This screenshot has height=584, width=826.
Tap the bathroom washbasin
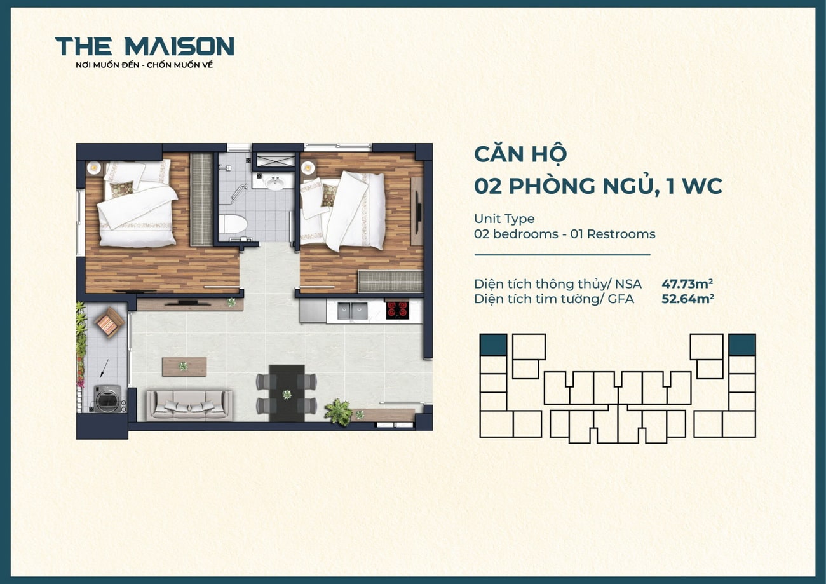275,184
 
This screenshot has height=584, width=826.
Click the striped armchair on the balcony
109,322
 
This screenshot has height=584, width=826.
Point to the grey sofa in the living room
189,405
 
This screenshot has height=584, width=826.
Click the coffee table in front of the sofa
184,366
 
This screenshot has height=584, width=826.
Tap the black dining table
287,393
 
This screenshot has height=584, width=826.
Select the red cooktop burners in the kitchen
398,309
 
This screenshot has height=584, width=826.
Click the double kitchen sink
352,311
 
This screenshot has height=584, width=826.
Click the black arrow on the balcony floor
103,367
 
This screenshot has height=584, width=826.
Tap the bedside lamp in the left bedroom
95,168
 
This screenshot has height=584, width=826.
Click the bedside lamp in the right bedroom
308,168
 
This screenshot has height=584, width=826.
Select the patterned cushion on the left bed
121,189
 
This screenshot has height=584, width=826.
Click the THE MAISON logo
145,46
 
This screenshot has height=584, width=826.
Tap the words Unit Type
504,219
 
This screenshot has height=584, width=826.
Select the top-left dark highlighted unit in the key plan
493,345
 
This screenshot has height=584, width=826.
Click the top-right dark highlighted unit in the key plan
741,345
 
